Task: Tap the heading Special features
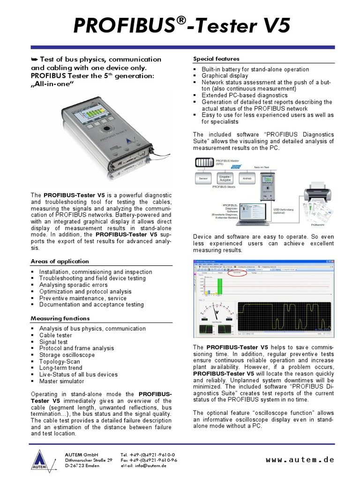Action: tap(216, 59)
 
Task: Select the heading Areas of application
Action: tap(60, 261)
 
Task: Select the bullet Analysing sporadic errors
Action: tap(73, 285)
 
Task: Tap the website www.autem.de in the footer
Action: tap(300, 460)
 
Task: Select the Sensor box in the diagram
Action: tap(203, 179)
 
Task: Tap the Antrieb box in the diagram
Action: tap(247, 179)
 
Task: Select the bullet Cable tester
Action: tap(55, 335)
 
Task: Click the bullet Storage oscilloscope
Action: tap(67, 355)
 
